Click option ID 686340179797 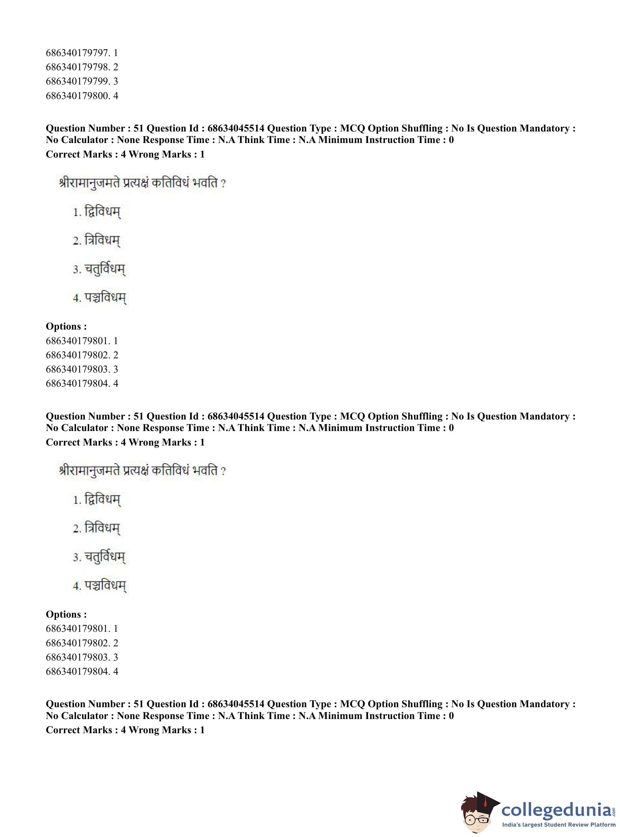[x=82, y=53]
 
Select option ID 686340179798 [x=82, y=67]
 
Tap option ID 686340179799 [x=82, y=81]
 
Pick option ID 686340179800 [x=82, y=96]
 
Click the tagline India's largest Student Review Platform [x=559, y=824]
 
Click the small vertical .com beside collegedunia [x=614, y=810]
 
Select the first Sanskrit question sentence [x=143, y=183]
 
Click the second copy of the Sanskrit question [x=143, y=471]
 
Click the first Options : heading [x=66, y=327]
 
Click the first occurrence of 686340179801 [x=82, y=341]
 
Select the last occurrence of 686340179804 [x=82, y=671]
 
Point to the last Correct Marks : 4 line [x=125, y=730]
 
